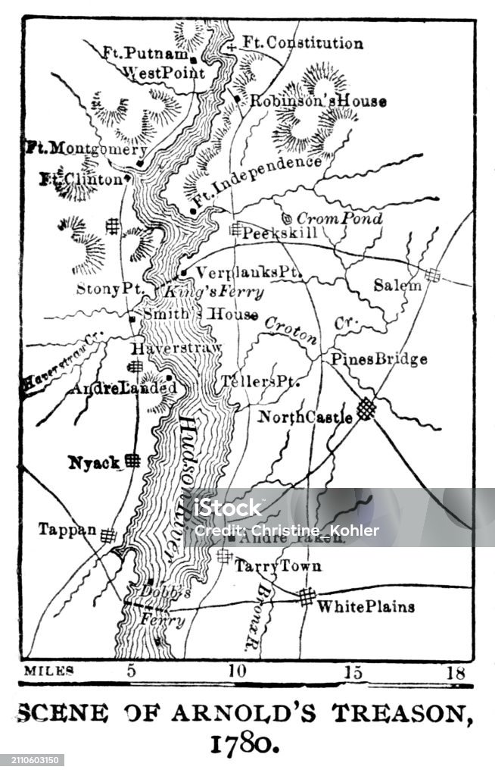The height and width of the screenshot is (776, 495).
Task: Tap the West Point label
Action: click(163, 74)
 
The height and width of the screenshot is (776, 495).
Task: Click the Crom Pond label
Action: click(338, 217)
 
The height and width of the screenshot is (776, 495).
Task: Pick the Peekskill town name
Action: click(279, 233)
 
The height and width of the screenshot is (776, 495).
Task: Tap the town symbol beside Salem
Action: click(433, 274)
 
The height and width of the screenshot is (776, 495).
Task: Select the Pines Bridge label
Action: click(379, 359)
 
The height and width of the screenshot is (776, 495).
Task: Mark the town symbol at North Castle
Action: click(367, 408)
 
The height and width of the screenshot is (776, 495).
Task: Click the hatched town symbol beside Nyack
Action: click(133, 460)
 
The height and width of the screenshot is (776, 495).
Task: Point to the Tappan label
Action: click(67, 530)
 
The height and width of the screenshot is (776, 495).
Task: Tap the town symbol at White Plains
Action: click(306, 597)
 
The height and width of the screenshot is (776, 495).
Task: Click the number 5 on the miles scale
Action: click(131, 670)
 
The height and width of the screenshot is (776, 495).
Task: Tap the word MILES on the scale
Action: click(49, 670)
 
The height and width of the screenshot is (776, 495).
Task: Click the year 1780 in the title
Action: click(247, 743)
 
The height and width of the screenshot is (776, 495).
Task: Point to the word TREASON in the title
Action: click(395, 713)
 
